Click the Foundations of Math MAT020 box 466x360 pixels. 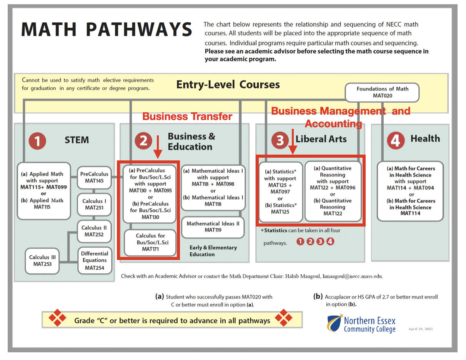(382, 92)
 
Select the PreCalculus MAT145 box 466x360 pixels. (94, 177)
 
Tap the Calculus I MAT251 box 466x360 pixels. (94, 204)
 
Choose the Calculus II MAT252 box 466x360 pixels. (94, 231)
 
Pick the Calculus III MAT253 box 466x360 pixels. (42, 261)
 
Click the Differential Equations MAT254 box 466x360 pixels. (95, 260)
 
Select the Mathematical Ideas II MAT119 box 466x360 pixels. (213, 227)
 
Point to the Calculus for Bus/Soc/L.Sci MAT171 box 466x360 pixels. (150, 243)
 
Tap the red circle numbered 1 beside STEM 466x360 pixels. (37, 141)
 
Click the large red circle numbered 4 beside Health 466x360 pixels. (396, 140)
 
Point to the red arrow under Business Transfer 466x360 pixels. (158, 147)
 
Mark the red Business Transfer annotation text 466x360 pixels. (187, 117)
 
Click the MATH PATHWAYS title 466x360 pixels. (107, 29)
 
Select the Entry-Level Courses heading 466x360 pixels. (228, 85)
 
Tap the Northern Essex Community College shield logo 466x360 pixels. (335, 323)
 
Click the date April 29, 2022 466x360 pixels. (420, 329)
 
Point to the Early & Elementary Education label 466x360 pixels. (213, 251)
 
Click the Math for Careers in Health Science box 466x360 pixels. (410, 191)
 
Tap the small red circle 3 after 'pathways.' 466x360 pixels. (320, 242)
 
